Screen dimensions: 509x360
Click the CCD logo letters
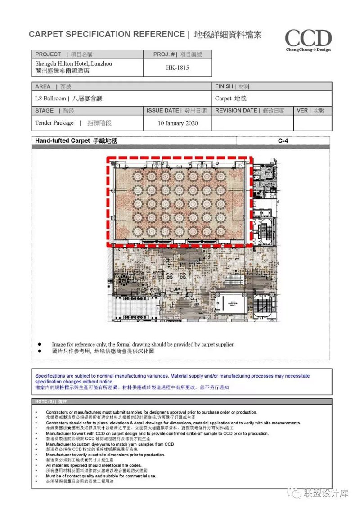point(308,38)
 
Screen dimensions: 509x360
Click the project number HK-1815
point(177,68)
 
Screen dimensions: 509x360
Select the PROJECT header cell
point(48,54)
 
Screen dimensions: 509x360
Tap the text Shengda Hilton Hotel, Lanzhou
point(74,64)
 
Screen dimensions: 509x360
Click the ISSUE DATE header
point(163,110)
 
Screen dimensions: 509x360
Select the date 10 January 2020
point(177,123)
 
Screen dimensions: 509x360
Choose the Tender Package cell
point(54,123)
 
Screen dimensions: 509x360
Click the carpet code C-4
point(283,141)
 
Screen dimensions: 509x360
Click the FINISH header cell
point(224,86)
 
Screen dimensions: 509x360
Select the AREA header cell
point(43,86)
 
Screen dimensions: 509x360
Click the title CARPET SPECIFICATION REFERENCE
point(106,34)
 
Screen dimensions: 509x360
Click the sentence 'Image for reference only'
point(143,344)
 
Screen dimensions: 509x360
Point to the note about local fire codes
point(94,465)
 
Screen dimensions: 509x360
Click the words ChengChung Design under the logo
point(308,50)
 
